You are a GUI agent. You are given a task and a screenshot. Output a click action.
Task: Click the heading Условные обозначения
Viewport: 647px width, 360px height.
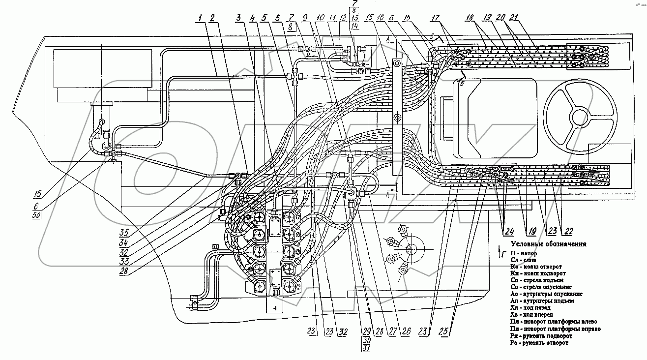click(548, 244)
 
